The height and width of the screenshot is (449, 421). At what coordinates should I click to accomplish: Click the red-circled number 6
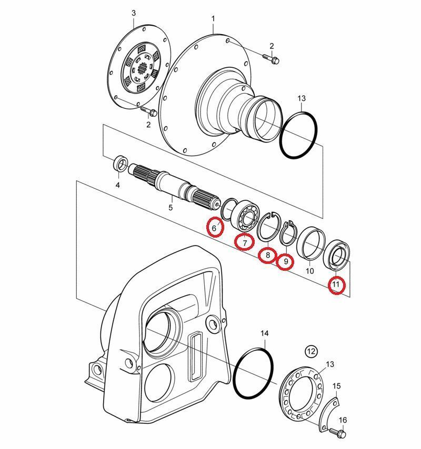(214, 228)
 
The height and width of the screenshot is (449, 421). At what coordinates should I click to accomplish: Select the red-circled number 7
(245, 243)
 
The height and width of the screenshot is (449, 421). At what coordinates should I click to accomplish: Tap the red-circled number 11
(336, 284)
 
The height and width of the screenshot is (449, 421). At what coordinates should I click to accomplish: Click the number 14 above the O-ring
(265, 333)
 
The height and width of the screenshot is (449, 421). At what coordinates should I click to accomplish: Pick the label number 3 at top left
(134, 13)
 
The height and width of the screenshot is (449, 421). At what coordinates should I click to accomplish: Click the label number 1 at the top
(213, 18)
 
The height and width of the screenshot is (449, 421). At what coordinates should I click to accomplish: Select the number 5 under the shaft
(171, 207)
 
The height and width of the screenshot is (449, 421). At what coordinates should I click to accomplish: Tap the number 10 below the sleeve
(310, 271)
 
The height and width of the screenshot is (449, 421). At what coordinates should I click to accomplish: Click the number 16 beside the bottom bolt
(343, 420)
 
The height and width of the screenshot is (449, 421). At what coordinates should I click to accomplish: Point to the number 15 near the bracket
(336, 386)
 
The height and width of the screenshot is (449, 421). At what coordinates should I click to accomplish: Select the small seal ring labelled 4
(121, 164)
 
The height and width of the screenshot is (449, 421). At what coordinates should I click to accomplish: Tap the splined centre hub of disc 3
(142, 69)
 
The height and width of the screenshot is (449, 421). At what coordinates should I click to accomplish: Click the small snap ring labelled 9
(288, 233)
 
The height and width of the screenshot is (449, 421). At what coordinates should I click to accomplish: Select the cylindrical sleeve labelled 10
(311, 242)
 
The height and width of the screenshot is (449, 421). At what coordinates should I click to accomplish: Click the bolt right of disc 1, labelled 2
(271, 58)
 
